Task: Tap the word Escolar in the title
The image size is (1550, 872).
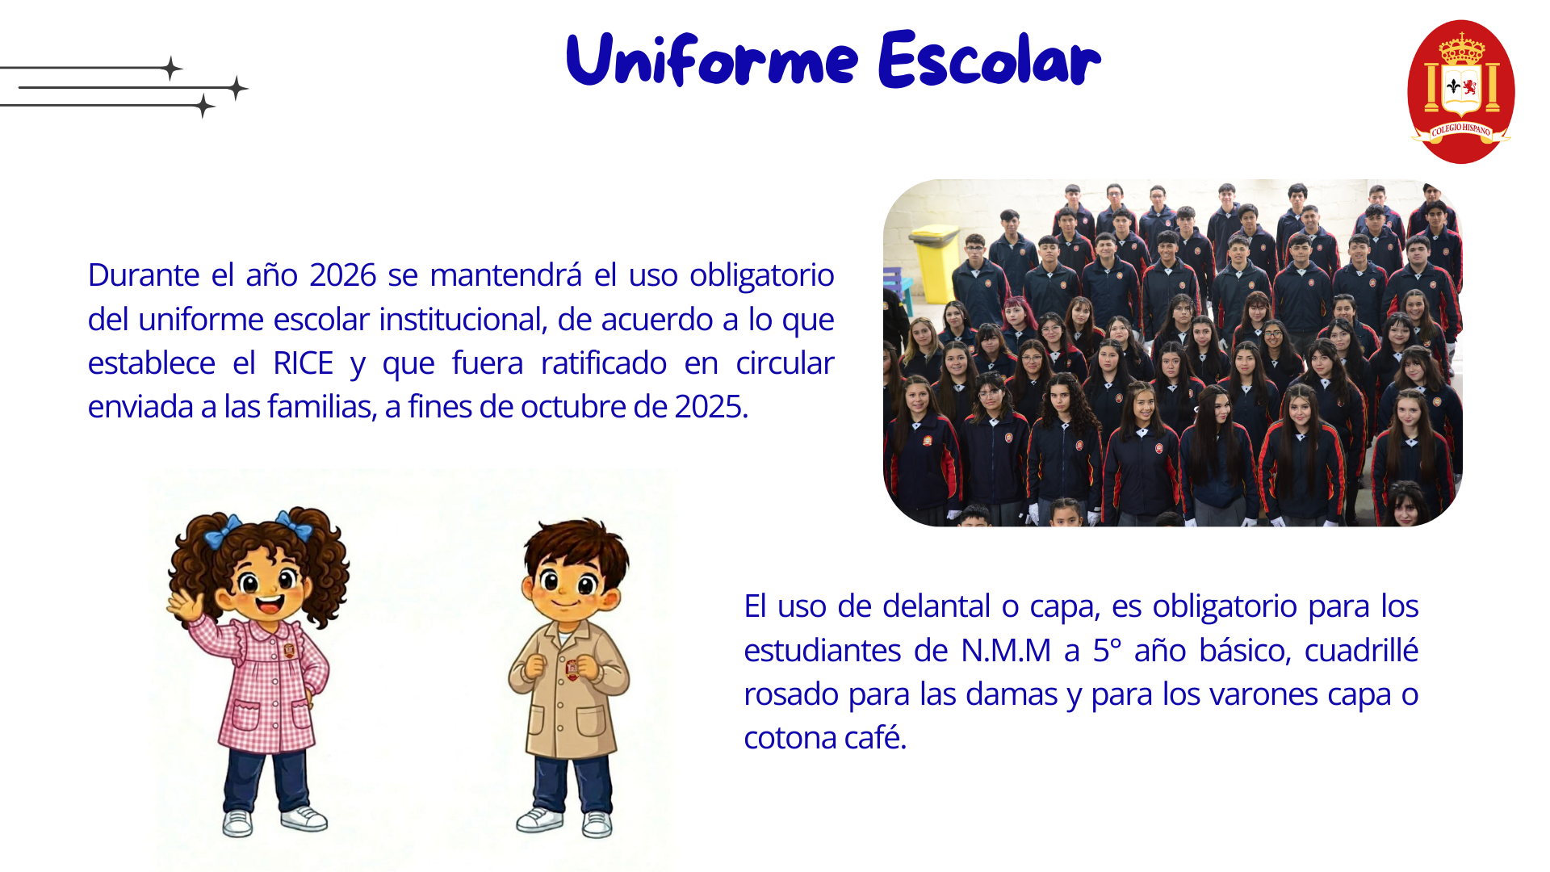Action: (x=990, y=59)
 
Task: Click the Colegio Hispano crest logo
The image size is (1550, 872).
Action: (x=1461, y=91)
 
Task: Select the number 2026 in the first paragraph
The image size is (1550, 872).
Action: (x=342, y=275)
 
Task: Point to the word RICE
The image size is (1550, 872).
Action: (x=303, y=363)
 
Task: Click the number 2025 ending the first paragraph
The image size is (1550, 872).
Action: (x=708, y=407)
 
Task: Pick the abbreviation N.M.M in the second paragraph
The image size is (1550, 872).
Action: (x=1006, y=651)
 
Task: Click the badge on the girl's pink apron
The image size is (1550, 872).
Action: (x=288, y=649)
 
